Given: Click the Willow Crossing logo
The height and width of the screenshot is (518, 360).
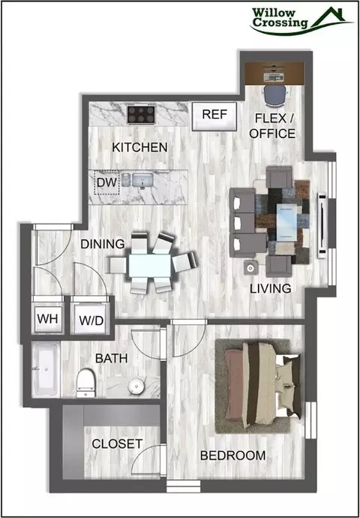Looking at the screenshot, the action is tap(301, 20).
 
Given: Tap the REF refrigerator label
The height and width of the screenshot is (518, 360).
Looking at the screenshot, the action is tap(214, 115).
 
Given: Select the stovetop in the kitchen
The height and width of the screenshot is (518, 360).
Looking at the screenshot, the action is tap(141, 113).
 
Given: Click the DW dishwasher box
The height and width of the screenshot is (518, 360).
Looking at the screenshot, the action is tap(106, 182).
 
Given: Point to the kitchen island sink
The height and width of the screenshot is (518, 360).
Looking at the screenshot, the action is tap(142, 180).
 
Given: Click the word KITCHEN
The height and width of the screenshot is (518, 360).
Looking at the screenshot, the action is tap(139, 147).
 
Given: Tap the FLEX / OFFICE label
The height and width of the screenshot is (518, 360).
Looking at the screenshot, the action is tap(272, 126).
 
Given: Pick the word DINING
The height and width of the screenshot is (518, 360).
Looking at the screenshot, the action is tap(103, 244).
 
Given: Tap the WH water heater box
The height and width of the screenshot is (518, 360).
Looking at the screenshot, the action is tap(48, 319).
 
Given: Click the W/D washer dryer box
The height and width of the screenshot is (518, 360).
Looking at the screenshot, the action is tap(91, 320).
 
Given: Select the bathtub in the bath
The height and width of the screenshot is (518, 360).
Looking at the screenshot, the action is tap(46, 369).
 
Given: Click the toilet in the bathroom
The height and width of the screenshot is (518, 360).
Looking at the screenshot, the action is tap(85, 382).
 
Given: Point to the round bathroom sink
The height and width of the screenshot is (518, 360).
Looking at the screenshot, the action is tap(135, 385).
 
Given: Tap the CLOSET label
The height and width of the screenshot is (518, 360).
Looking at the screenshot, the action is tap(117, 444).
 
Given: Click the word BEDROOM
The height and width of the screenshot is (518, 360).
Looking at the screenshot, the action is tap(233, 456).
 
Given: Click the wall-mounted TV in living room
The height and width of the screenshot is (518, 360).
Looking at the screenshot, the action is tap(322, 225).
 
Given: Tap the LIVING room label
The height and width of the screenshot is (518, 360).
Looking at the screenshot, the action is tap(270, 288).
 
